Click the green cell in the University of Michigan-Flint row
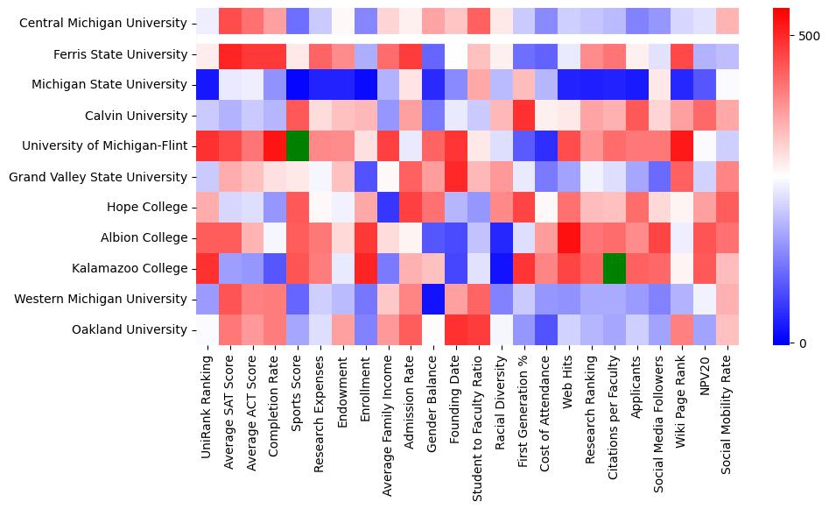click(297, 145)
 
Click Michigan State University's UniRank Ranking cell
click(207, 85)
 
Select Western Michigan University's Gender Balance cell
click(433, 300)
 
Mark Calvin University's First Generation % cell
click(524, 116)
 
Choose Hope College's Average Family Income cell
click(388, 208)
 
